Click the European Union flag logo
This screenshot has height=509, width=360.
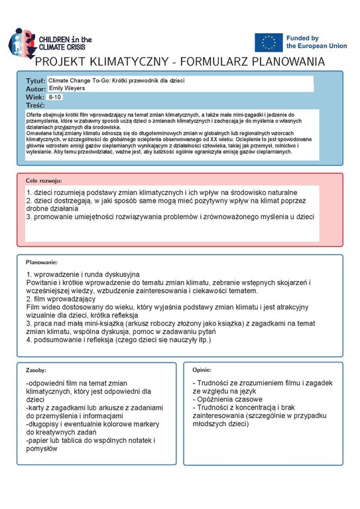[269, 42]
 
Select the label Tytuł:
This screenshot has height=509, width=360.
[35, 80]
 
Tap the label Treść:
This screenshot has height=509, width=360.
[35, 105]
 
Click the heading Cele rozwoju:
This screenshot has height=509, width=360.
[43, 180]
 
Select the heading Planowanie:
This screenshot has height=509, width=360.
[42, 262]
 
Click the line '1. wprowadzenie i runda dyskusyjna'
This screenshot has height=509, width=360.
[83, 274]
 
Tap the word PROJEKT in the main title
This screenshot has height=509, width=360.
[66, 62]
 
